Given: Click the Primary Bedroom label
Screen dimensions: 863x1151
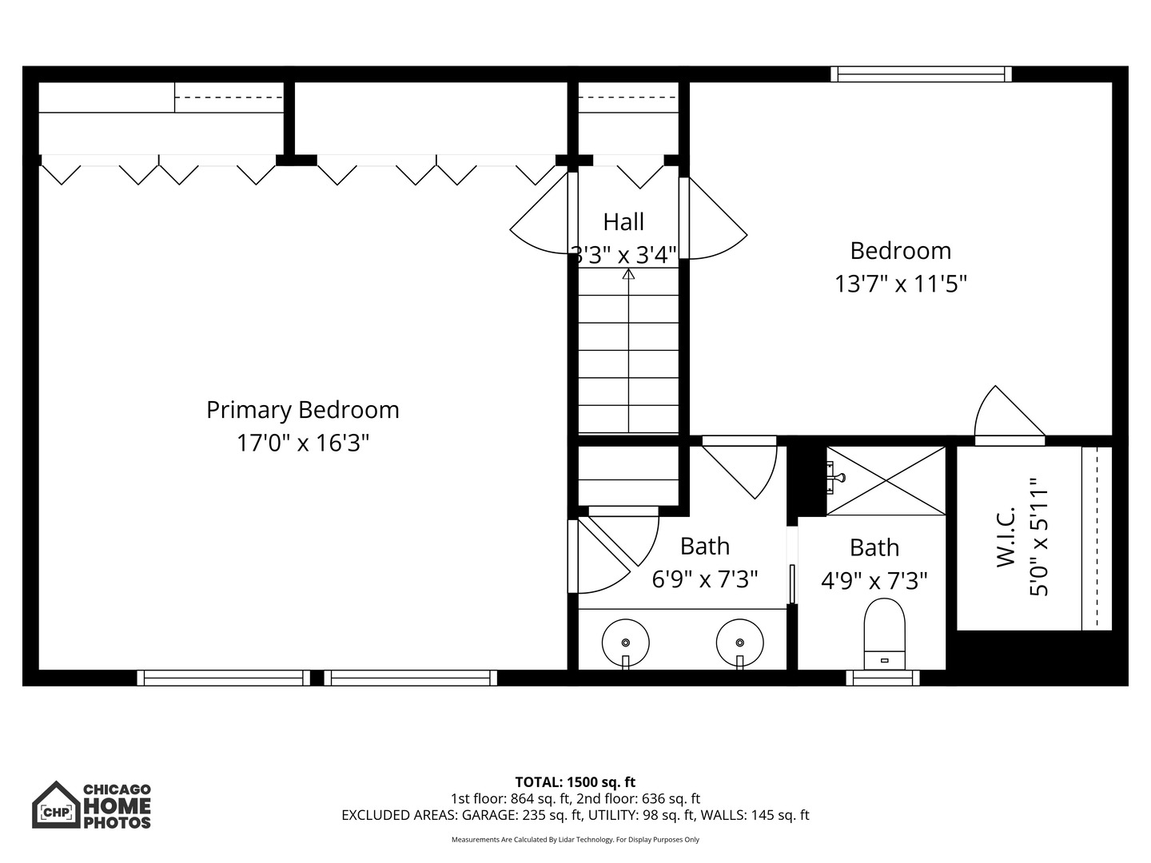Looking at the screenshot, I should click(x=302, y=410).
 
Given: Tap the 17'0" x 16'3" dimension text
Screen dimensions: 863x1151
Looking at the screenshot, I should click(x=302, y=443).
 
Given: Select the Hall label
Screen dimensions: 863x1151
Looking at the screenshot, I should click(x=623, y=221).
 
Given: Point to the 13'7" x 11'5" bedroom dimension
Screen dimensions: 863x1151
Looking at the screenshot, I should click(x=901, y=284).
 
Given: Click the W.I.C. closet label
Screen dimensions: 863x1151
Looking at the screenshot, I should click(x=1006, y=537).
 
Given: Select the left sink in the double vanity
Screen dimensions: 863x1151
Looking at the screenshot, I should click(x=625, y=642).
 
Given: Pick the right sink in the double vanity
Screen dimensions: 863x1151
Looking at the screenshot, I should click(x=740, y=642).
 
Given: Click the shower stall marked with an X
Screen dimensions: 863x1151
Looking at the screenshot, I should click(x=886, y=480).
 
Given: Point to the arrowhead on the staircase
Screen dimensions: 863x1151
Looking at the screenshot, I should click(x=628, y=275).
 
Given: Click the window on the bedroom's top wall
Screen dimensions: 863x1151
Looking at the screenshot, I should click(x=921, y=74).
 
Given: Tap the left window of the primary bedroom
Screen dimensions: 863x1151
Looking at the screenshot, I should click(x=223, y=678).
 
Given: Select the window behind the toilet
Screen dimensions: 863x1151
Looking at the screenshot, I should click(x=882, y=678).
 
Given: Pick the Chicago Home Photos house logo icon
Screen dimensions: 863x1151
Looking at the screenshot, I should click(x=56, y=805).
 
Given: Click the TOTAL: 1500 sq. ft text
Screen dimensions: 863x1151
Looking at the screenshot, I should click(x=575, y=781).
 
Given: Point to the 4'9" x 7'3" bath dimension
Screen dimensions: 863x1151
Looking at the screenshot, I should click(x=874, y=581).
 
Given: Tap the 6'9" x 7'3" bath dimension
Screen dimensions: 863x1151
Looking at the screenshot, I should click(x=704, y=579).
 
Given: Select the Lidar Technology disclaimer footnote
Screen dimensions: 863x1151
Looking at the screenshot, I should click(x=575, y=840).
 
